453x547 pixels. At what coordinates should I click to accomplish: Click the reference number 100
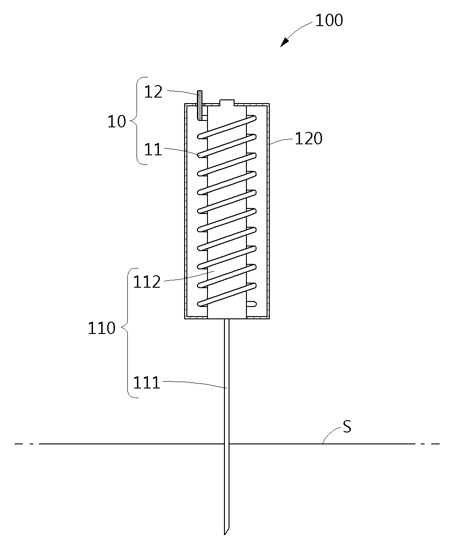329,20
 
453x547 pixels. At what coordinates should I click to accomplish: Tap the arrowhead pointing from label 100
285,42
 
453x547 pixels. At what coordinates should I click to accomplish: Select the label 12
153,92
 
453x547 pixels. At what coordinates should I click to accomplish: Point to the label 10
116,121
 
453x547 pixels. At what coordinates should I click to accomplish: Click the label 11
153,150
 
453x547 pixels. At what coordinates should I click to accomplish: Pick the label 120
309,138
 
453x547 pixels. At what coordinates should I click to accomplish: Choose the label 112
147,282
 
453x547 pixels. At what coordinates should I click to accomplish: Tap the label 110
102,328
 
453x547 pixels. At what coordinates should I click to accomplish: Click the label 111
147,383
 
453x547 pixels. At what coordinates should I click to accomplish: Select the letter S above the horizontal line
347,427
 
